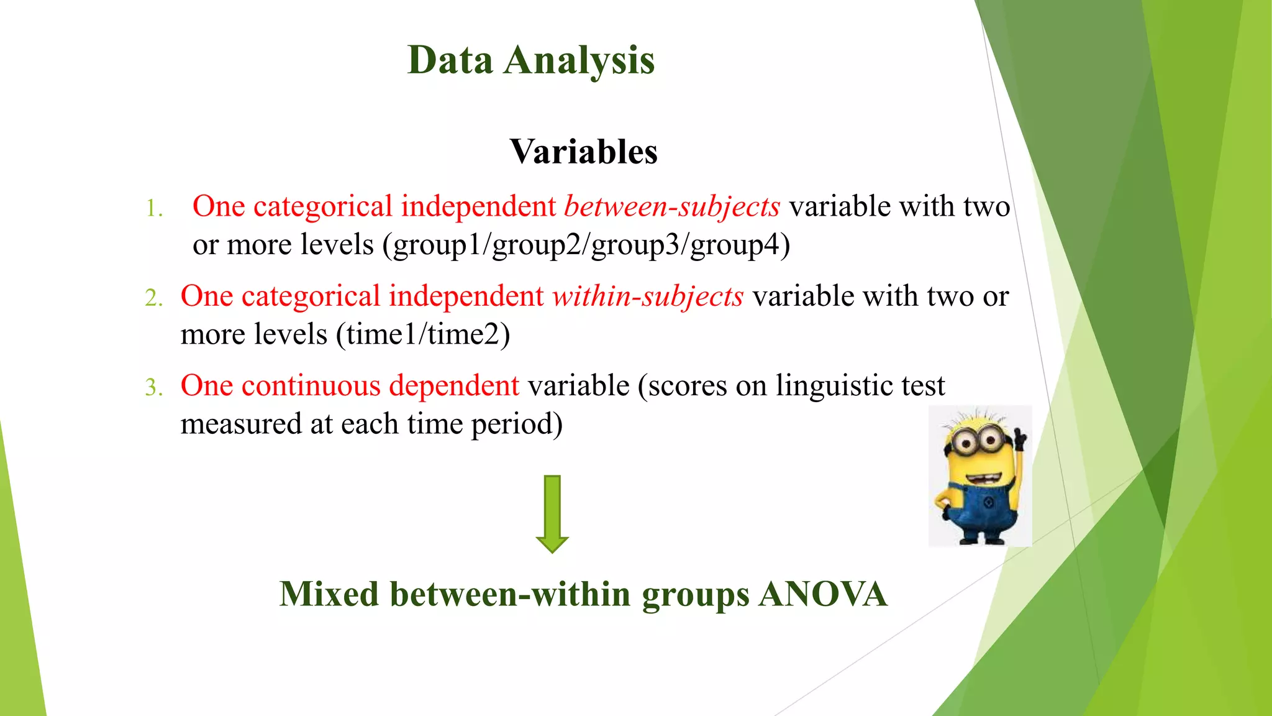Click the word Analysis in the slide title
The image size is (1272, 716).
(x=579, y=62)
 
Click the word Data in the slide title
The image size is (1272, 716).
(x=450, y=60)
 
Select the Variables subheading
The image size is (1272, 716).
(x=583, y=152)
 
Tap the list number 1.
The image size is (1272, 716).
(x=154, y=208)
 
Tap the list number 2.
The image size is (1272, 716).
(x=153, y=298)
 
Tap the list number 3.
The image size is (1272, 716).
(x=153, y=387)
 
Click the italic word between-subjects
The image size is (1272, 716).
(x=671, y=207)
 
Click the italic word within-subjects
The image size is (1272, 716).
(x=648, y=296)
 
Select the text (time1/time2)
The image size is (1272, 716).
(x=423, y=335)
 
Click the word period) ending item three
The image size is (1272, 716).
(x=517, y=425)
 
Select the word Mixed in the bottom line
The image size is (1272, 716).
(x=329, y=594)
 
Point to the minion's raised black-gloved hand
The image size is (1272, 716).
(x=1019, y=439)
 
